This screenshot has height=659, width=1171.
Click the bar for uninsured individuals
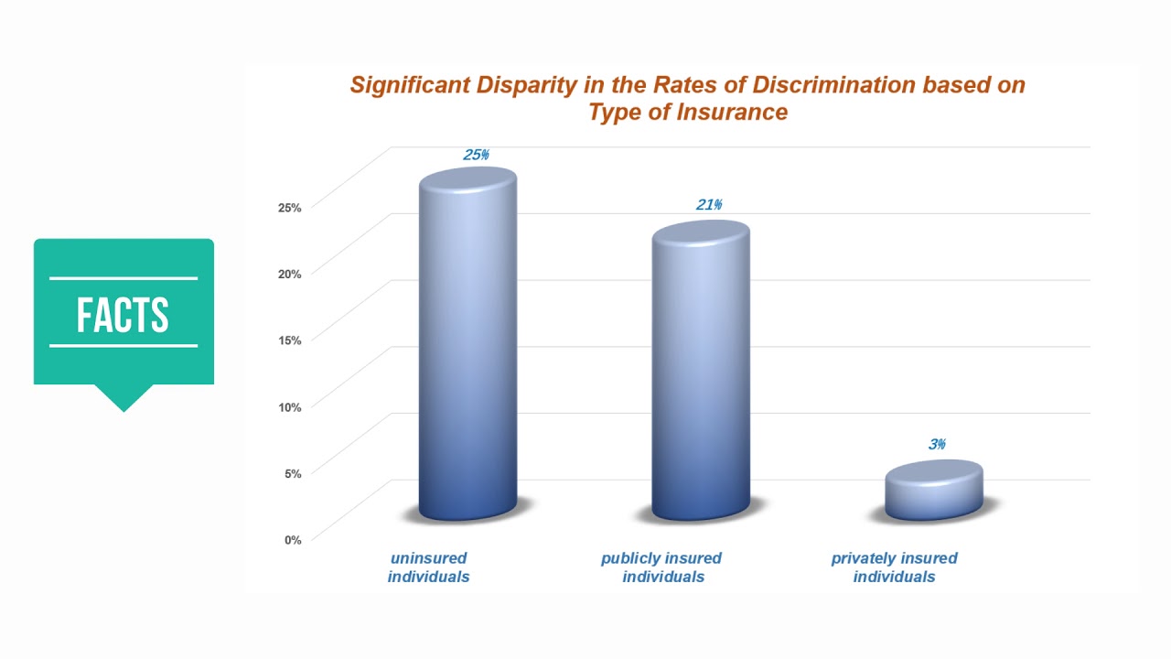[467, 348]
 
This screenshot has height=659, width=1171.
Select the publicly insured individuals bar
[700, 371]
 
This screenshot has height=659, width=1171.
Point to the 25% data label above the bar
[476, 155]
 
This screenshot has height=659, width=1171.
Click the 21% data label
[709, 205]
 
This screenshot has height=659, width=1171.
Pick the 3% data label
[937, 445]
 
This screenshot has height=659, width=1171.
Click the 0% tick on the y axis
[292, 540]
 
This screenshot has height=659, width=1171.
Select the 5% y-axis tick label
[292, 473]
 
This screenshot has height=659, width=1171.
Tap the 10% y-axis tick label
[289, 406]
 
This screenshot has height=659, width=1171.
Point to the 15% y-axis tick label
[289, 340]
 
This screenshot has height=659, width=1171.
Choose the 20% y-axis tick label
[289, 273]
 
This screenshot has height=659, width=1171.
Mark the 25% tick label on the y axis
[289, 207]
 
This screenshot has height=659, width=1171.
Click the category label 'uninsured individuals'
[428, 567]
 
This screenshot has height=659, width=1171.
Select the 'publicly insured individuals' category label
[661, 567]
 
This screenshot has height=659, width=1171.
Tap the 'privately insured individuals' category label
[894, 567]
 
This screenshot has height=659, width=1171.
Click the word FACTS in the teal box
[124, 315]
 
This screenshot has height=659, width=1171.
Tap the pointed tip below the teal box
[124, 407]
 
